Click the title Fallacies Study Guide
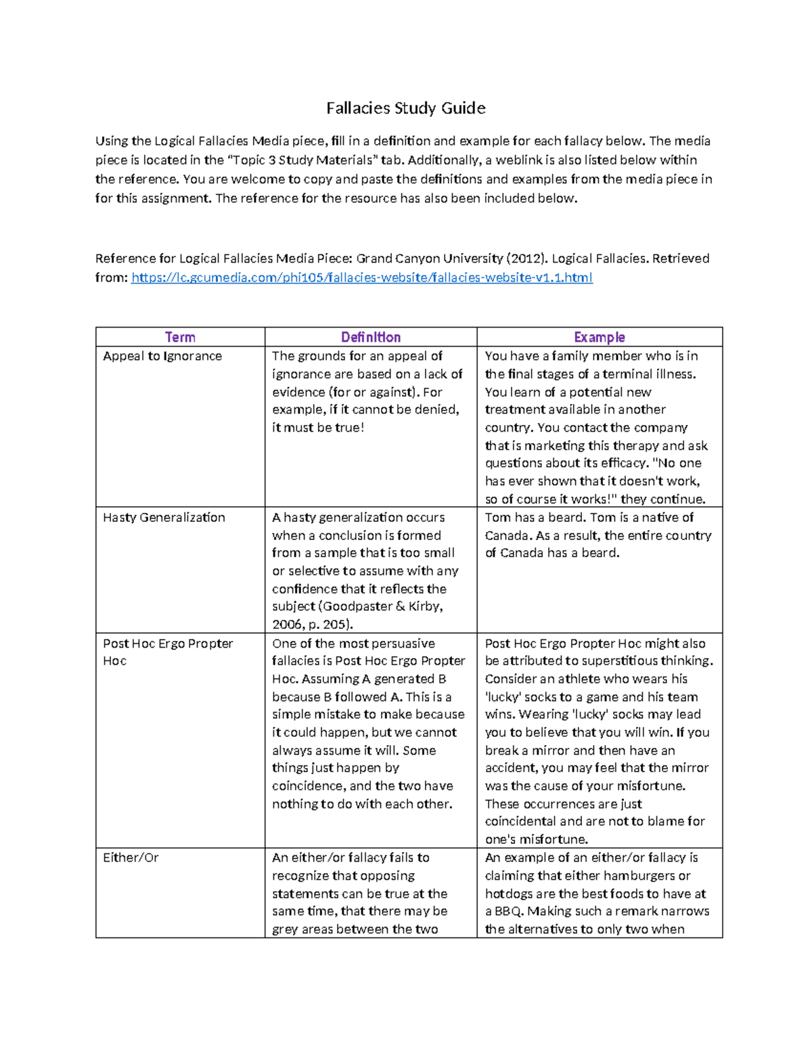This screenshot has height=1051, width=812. point(405,108)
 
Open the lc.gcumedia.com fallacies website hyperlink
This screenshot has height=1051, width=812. point(361,277)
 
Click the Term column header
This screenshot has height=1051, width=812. point(180,337)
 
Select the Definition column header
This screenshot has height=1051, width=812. point(370,337)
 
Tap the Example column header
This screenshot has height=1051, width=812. point(599,337)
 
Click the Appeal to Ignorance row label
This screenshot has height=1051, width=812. point(162,356)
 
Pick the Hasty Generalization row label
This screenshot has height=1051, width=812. point(164,518)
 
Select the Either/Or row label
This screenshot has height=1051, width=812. point(131,857)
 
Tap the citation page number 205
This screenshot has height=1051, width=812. point(336,625)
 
